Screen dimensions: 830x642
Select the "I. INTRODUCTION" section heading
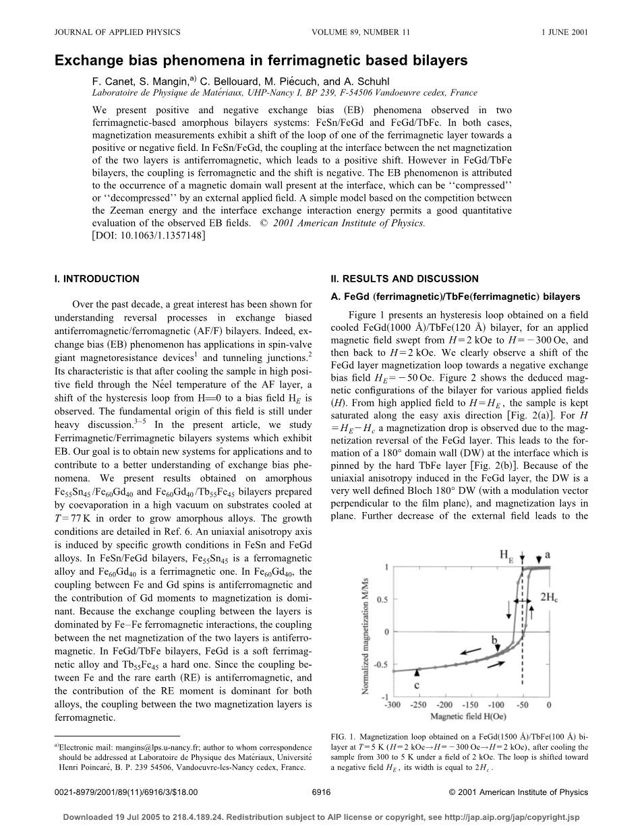[96, 279]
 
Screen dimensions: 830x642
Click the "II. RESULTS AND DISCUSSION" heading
[404, 279]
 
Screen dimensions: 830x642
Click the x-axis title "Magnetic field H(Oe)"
[471, 716]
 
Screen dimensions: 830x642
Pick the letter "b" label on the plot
[494, 639]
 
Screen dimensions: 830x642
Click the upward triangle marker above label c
[418, 671]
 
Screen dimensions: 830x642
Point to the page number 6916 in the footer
[321, 792]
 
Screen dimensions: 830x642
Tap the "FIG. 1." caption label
[344, 738]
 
